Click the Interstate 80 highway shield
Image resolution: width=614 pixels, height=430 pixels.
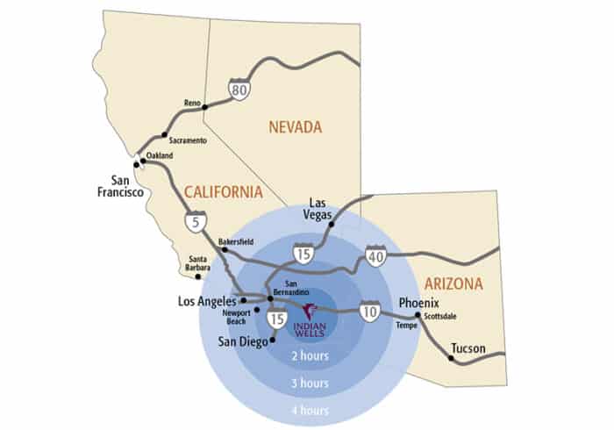(239, 90)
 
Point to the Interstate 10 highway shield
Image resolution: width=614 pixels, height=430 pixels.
(371, 310)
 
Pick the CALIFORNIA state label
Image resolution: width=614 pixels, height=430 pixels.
(223, 191)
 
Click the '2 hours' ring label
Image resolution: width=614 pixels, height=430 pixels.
(311, 355)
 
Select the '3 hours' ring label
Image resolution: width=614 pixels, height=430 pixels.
(311, 383)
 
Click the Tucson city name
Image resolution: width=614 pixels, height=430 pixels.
(468, 349)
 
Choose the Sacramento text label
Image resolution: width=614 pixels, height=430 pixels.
(189, 140)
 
